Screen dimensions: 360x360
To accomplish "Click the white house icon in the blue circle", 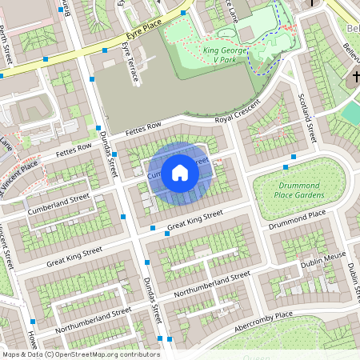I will coord(180,171).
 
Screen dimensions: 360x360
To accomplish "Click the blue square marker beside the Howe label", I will coord(33,322).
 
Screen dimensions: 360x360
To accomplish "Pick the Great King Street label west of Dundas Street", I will coord(74,256).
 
